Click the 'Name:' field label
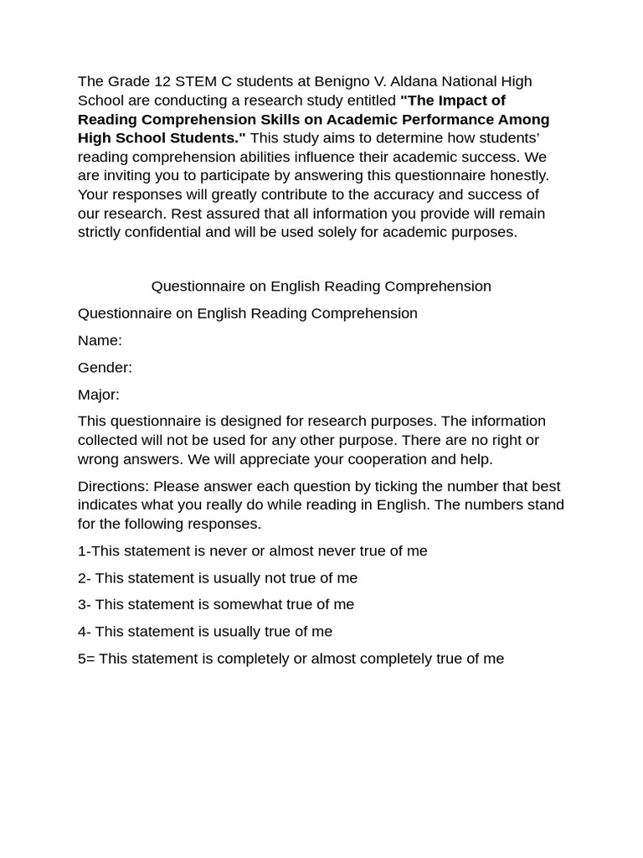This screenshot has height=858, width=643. point(100,340)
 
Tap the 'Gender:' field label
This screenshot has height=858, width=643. point(105,367)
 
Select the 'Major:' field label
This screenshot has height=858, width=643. point(99,394)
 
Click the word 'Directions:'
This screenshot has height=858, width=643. point(113,486)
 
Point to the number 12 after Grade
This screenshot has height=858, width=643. point(162,81)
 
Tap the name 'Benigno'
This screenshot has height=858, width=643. point(340,81)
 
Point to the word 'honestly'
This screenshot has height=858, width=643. point(519,175)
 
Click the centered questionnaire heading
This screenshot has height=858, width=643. point(321,287)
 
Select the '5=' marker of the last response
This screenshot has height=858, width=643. point(86,659)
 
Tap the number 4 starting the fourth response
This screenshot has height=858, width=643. point(82,632)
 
